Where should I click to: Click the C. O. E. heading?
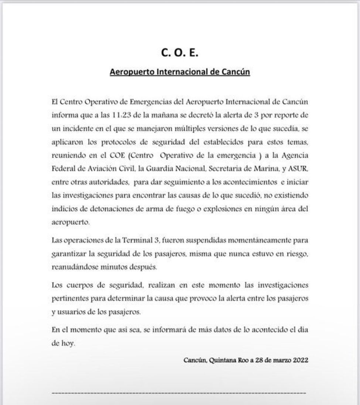(x=180, y=53)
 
